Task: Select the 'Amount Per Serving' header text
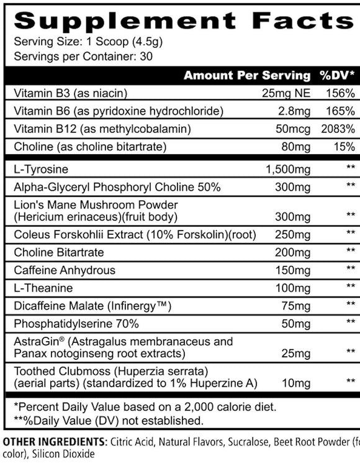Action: tap(246, 76)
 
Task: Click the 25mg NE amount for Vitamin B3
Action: tap(286, 94)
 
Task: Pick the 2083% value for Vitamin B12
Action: tap(338, 129)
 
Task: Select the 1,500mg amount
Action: tap(287, 169)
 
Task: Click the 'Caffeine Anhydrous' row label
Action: tap(60, 270)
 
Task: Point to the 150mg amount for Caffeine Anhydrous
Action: tap(295, 270)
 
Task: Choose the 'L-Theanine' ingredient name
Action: tap(41, 288)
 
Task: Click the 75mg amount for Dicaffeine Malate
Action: tap(297, 306)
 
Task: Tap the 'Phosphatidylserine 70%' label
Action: tap(71, 324)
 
